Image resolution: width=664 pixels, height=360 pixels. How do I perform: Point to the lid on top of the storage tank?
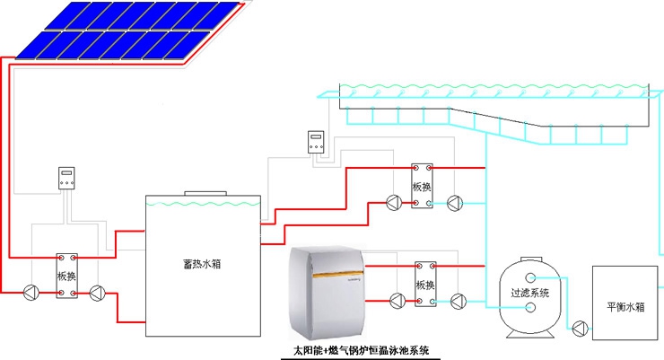pos(205,193)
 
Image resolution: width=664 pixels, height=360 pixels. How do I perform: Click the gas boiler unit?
pos(330,292)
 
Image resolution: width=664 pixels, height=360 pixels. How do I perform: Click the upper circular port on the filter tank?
pos(530,277)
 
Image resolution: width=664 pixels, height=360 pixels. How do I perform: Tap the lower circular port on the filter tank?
pos(530,308)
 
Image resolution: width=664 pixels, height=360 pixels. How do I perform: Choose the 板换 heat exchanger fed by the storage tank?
pos(422,186)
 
